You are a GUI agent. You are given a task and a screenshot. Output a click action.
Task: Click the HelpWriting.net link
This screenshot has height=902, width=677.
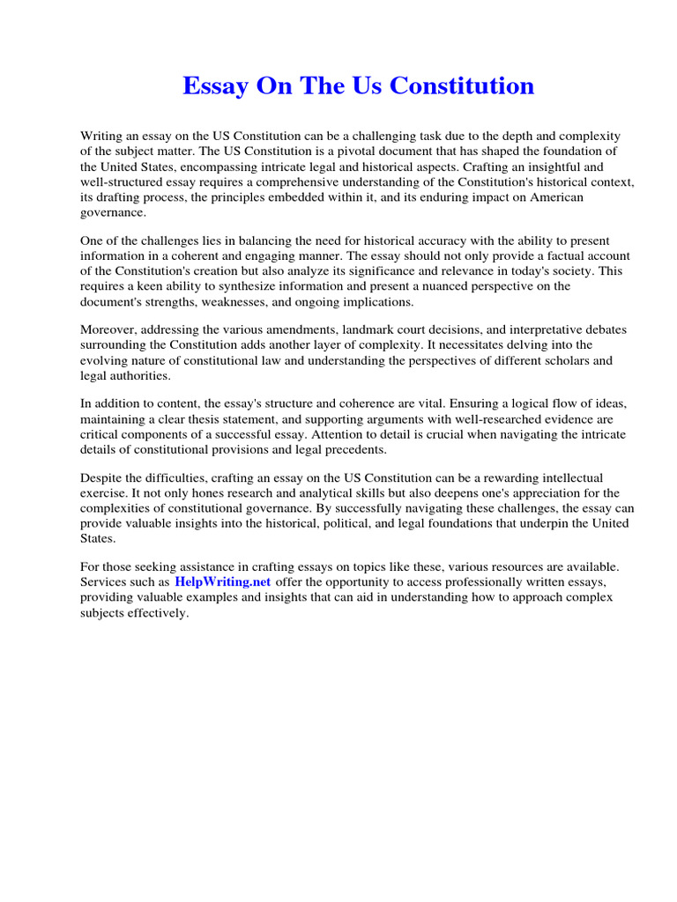click(222, 582)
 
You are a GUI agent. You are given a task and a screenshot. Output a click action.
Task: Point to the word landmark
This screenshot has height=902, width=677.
click(368, 329)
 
